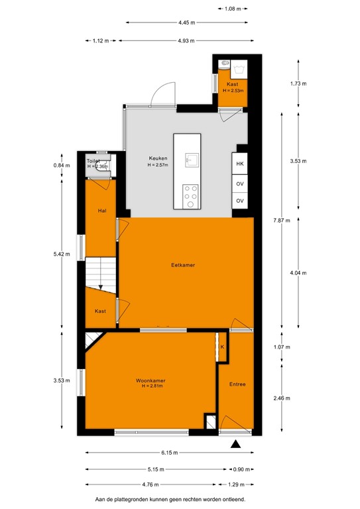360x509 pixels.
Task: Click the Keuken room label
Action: coord(158,158)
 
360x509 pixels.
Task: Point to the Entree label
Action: coord(237,384)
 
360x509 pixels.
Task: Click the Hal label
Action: coord(100,211)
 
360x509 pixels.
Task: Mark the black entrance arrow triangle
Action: coord(235,445)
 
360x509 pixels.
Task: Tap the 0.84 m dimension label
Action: coord(62,166)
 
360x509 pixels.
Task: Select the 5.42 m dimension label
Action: coord(62,253)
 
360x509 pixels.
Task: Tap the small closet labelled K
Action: coord(223,347)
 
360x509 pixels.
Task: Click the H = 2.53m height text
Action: coord(233,90)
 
